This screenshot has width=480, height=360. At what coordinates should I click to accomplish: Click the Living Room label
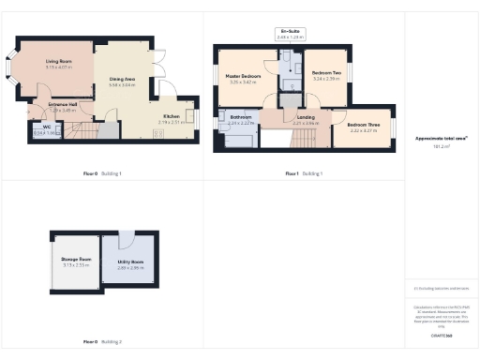click(x=58, y=62)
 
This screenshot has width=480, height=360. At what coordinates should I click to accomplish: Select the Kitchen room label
click(x=171, y=116)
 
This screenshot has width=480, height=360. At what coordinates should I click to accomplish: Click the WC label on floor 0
click(x=45, y=127)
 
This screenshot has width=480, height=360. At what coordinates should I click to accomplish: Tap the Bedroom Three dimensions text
click(x=363, y=130)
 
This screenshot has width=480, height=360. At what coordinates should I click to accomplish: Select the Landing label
click(x=306, y=117)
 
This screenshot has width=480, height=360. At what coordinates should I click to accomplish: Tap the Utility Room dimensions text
click(x=129, y=267)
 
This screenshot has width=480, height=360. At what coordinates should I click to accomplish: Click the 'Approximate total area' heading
click(x=442, y=139)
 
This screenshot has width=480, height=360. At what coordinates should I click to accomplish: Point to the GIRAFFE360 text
click(x=442, y=335)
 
